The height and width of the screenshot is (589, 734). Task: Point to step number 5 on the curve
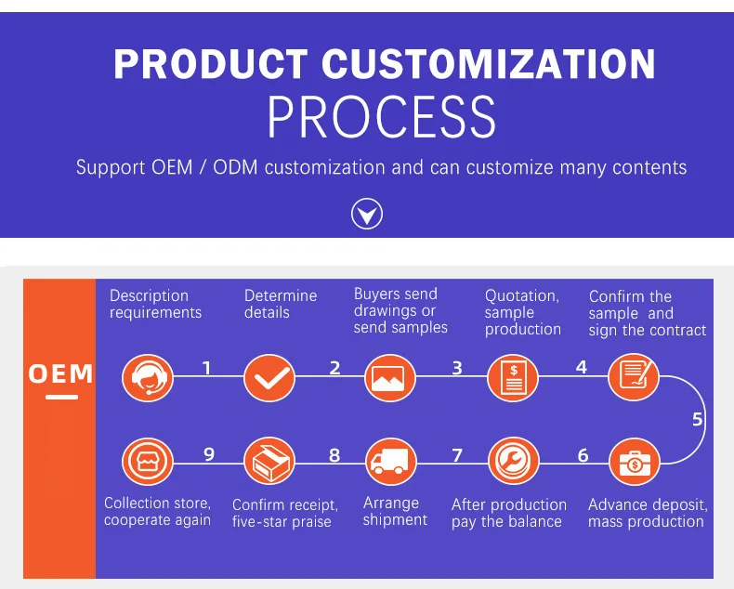(x=698, y=419)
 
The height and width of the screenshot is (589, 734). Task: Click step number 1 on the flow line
(x=206, y=368)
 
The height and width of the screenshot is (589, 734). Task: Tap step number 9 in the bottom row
(x=209, y=454)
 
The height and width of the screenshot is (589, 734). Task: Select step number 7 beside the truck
(x=456, y=455)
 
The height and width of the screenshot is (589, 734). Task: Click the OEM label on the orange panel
(x=60, y=374)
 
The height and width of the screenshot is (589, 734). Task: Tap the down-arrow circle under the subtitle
(x=367, y=215)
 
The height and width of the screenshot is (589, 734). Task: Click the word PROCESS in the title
(x=382, y=117)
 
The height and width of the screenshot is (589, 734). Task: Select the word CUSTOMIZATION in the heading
(x=489, y=64)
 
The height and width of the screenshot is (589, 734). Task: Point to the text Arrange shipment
(x=395, y=511)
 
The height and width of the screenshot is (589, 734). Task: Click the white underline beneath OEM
(x=60, y=397)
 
